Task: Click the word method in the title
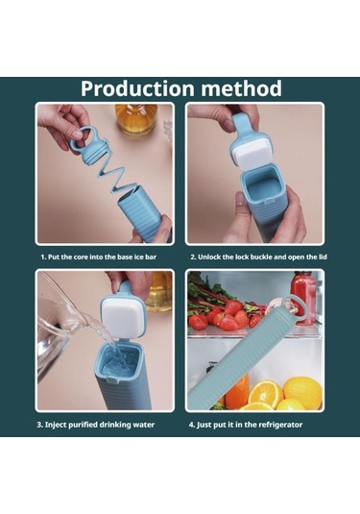point(243,88)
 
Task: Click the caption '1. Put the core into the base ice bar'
point(105,257)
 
